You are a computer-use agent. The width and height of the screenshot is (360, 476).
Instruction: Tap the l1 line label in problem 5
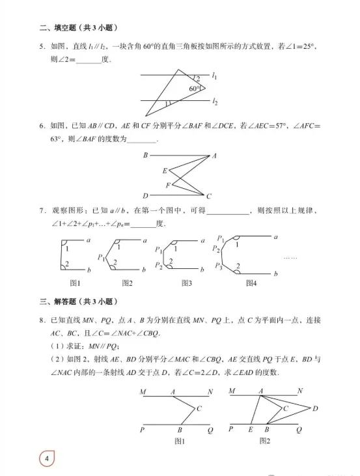(x=215, y=76)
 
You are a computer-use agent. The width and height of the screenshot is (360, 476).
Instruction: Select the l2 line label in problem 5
(x=215, y=102)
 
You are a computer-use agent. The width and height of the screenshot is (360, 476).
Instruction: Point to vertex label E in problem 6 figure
(x=164, y=171)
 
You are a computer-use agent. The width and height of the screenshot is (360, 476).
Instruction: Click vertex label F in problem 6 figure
(x=167, y=185)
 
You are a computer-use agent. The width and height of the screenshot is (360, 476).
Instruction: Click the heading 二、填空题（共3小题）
(x=83, y=27)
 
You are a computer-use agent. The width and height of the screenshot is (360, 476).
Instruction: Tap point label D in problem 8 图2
(x=315, y=408)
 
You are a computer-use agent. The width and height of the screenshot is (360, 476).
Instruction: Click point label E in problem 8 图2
(x=251, y=430)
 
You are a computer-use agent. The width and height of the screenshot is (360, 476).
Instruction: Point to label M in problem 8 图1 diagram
(x=142, y=392)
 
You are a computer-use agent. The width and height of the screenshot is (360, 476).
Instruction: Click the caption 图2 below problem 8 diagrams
(x=264, y=441)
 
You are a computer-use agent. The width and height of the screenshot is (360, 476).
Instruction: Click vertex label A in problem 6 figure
(x=214, y=156)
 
